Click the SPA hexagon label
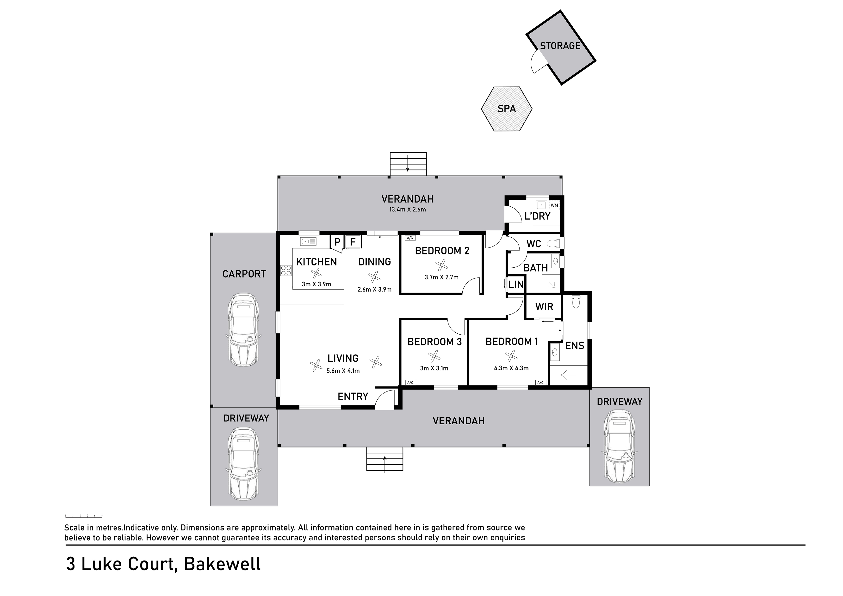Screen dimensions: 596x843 pos(507,109)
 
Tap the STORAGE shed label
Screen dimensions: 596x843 pos(560,46)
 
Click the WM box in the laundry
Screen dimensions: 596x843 pos(554,205)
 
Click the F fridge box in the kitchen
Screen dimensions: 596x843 pos(353,242)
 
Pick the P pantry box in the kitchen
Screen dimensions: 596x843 pos(337,242)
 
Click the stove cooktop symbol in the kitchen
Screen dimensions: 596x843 pos(286,271)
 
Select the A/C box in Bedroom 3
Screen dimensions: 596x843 pos(410,382)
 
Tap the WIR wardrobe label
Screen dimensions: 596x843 pos(544,307)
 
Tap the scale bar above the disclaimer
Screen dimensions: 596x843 pos(83,516)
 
